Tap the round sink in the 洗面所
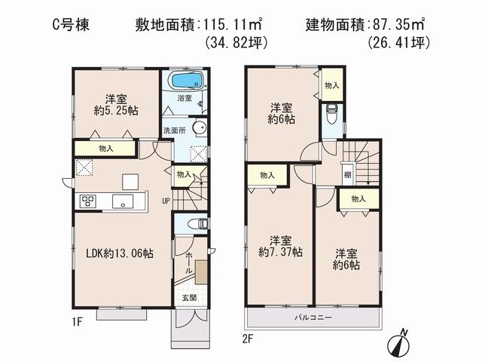[199, 128]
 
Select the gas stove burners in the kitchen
[87, 201]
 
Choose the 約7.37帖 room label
[282, 252]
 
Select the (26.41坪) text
[399, 44]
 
